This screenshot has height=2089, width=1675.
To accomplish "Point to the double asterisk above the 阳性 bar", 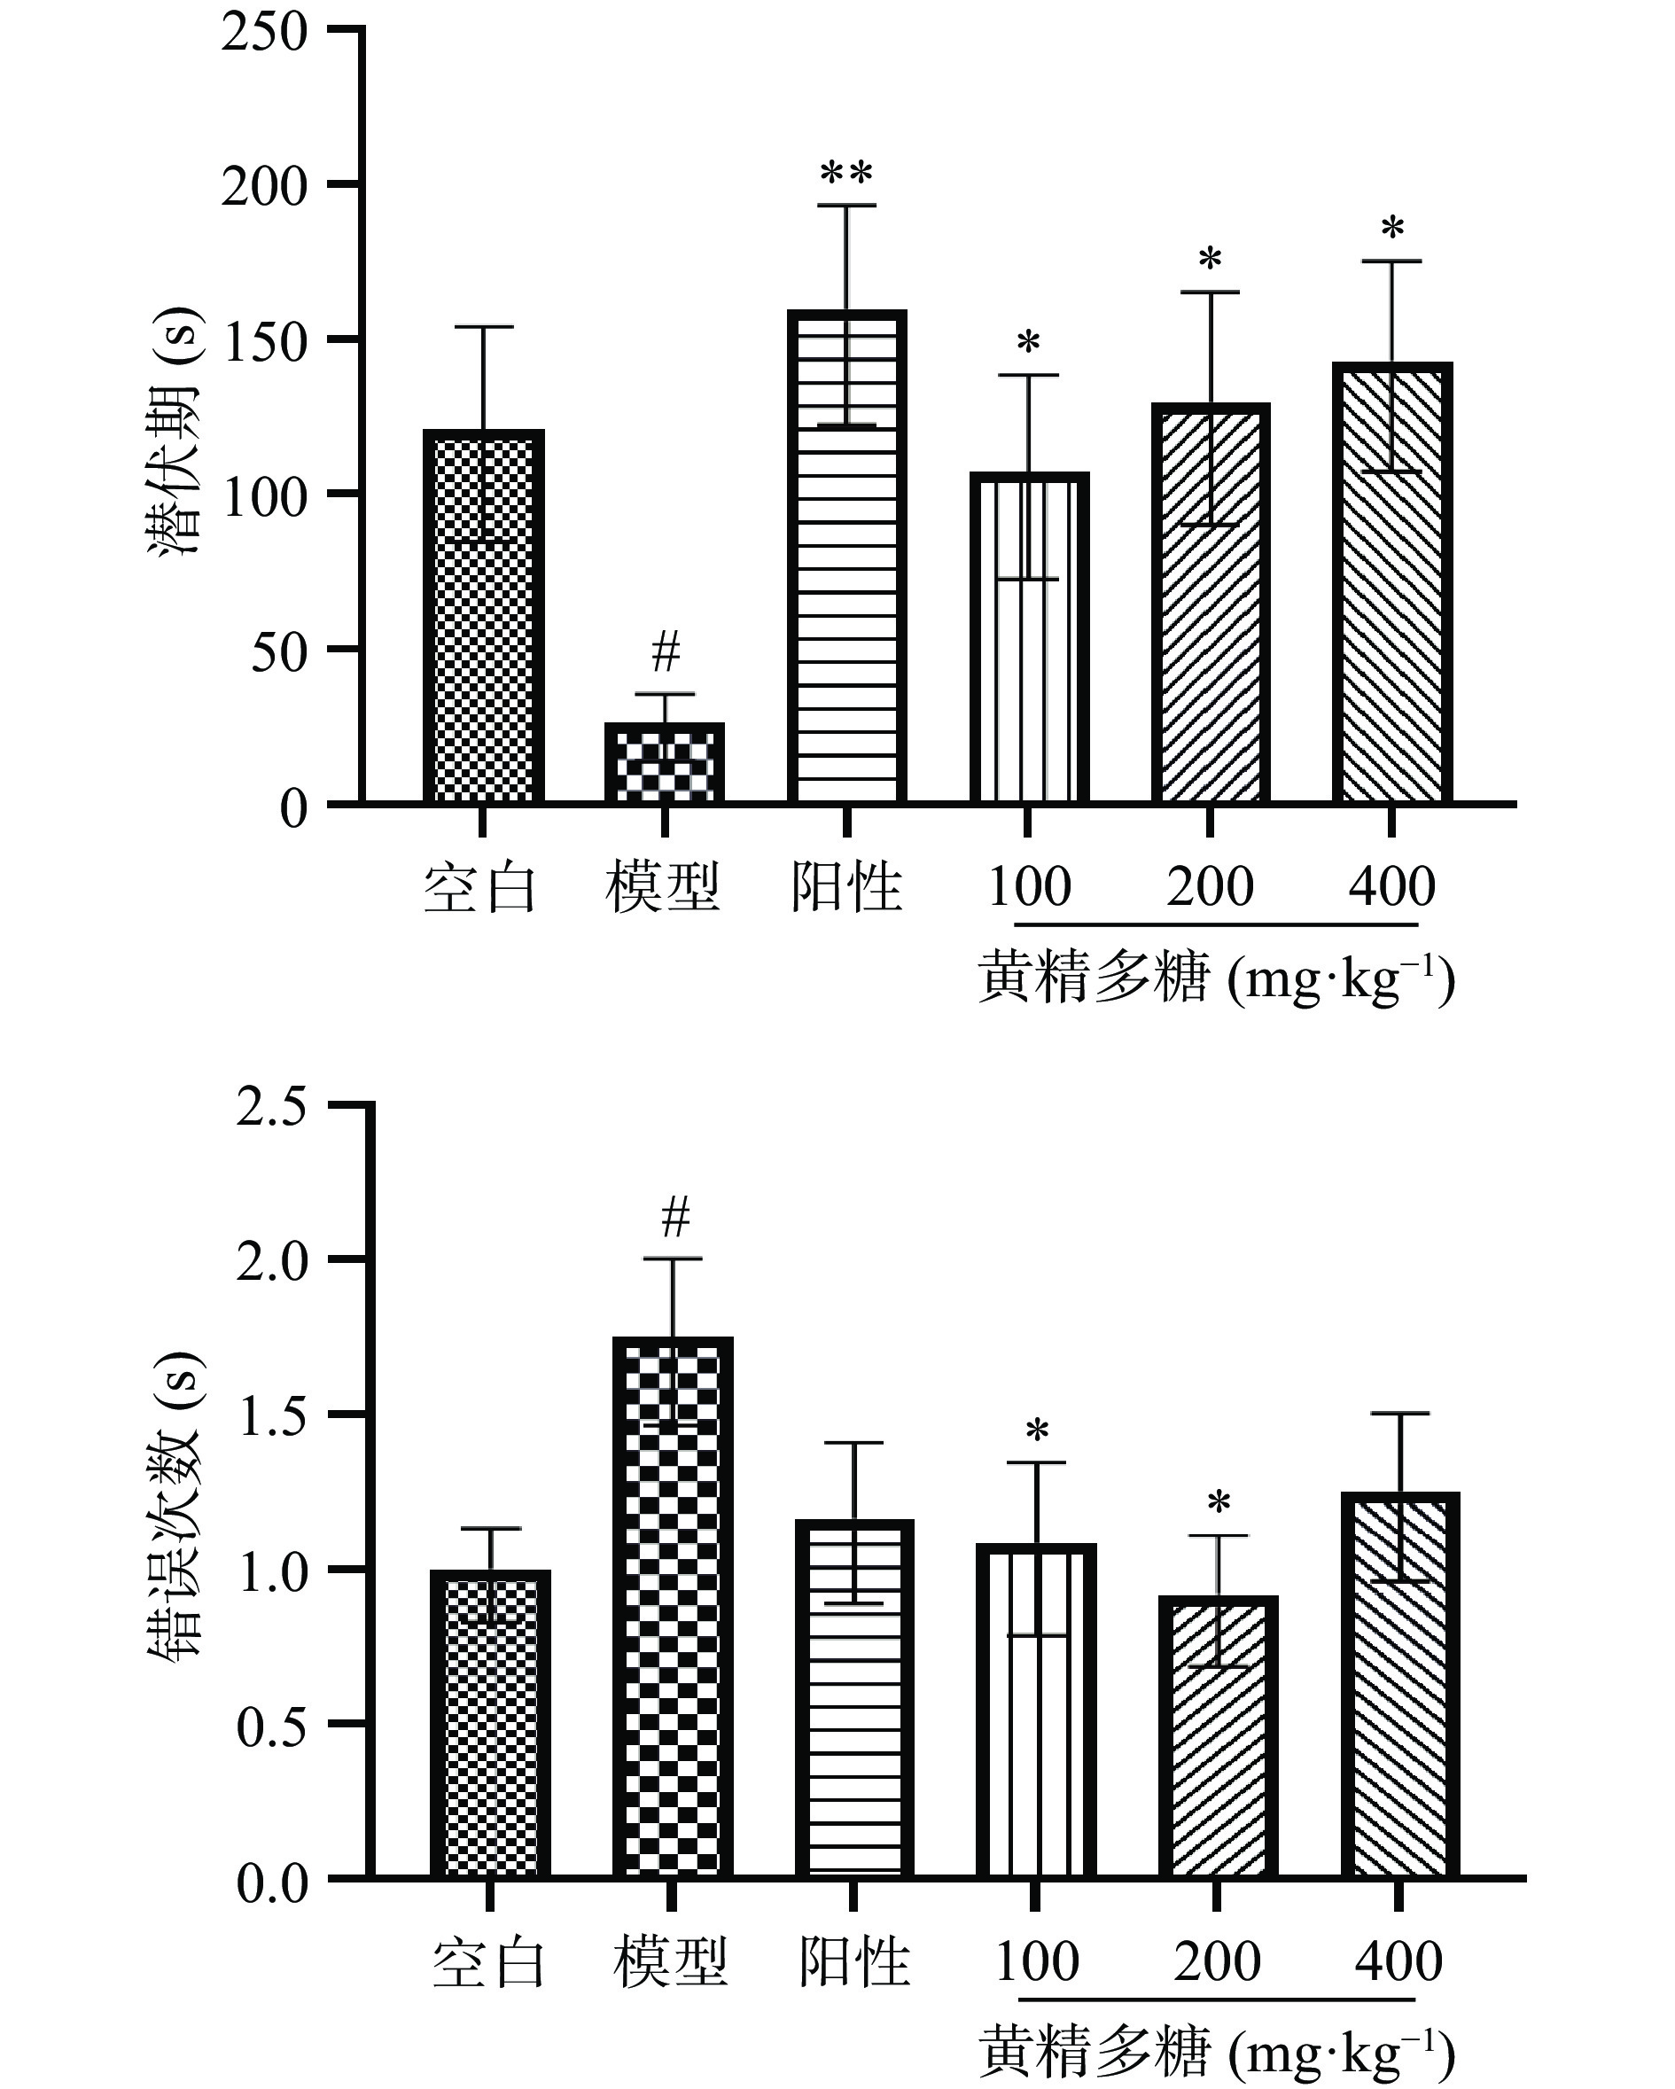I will tap(846, 175).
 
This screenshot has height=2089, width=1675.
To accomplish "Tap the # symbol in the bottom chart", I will tap(675, 1216).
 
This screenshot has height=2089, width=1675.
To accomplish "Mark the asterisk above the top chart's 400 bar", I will tap(1392, 230).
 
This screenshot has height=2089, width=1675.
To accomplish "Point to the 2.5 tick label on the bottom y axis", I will tap(272, 1108).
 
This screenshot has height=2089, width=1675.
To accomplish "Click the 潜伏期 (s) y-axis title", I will tap(175, 430).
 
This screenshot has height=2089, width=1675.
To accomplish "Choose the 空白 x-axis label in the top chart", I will tap(480, 887).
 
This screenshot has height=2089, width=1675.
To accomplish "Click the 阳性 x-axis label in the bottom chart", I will tap(853, 1963).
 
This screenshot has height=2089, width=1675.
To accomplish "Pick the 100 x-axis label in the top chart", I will tap(1029, 886).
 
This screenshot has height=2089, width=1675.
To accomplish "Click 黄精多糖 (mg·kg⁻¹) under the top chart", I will tap(1216, 978).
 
